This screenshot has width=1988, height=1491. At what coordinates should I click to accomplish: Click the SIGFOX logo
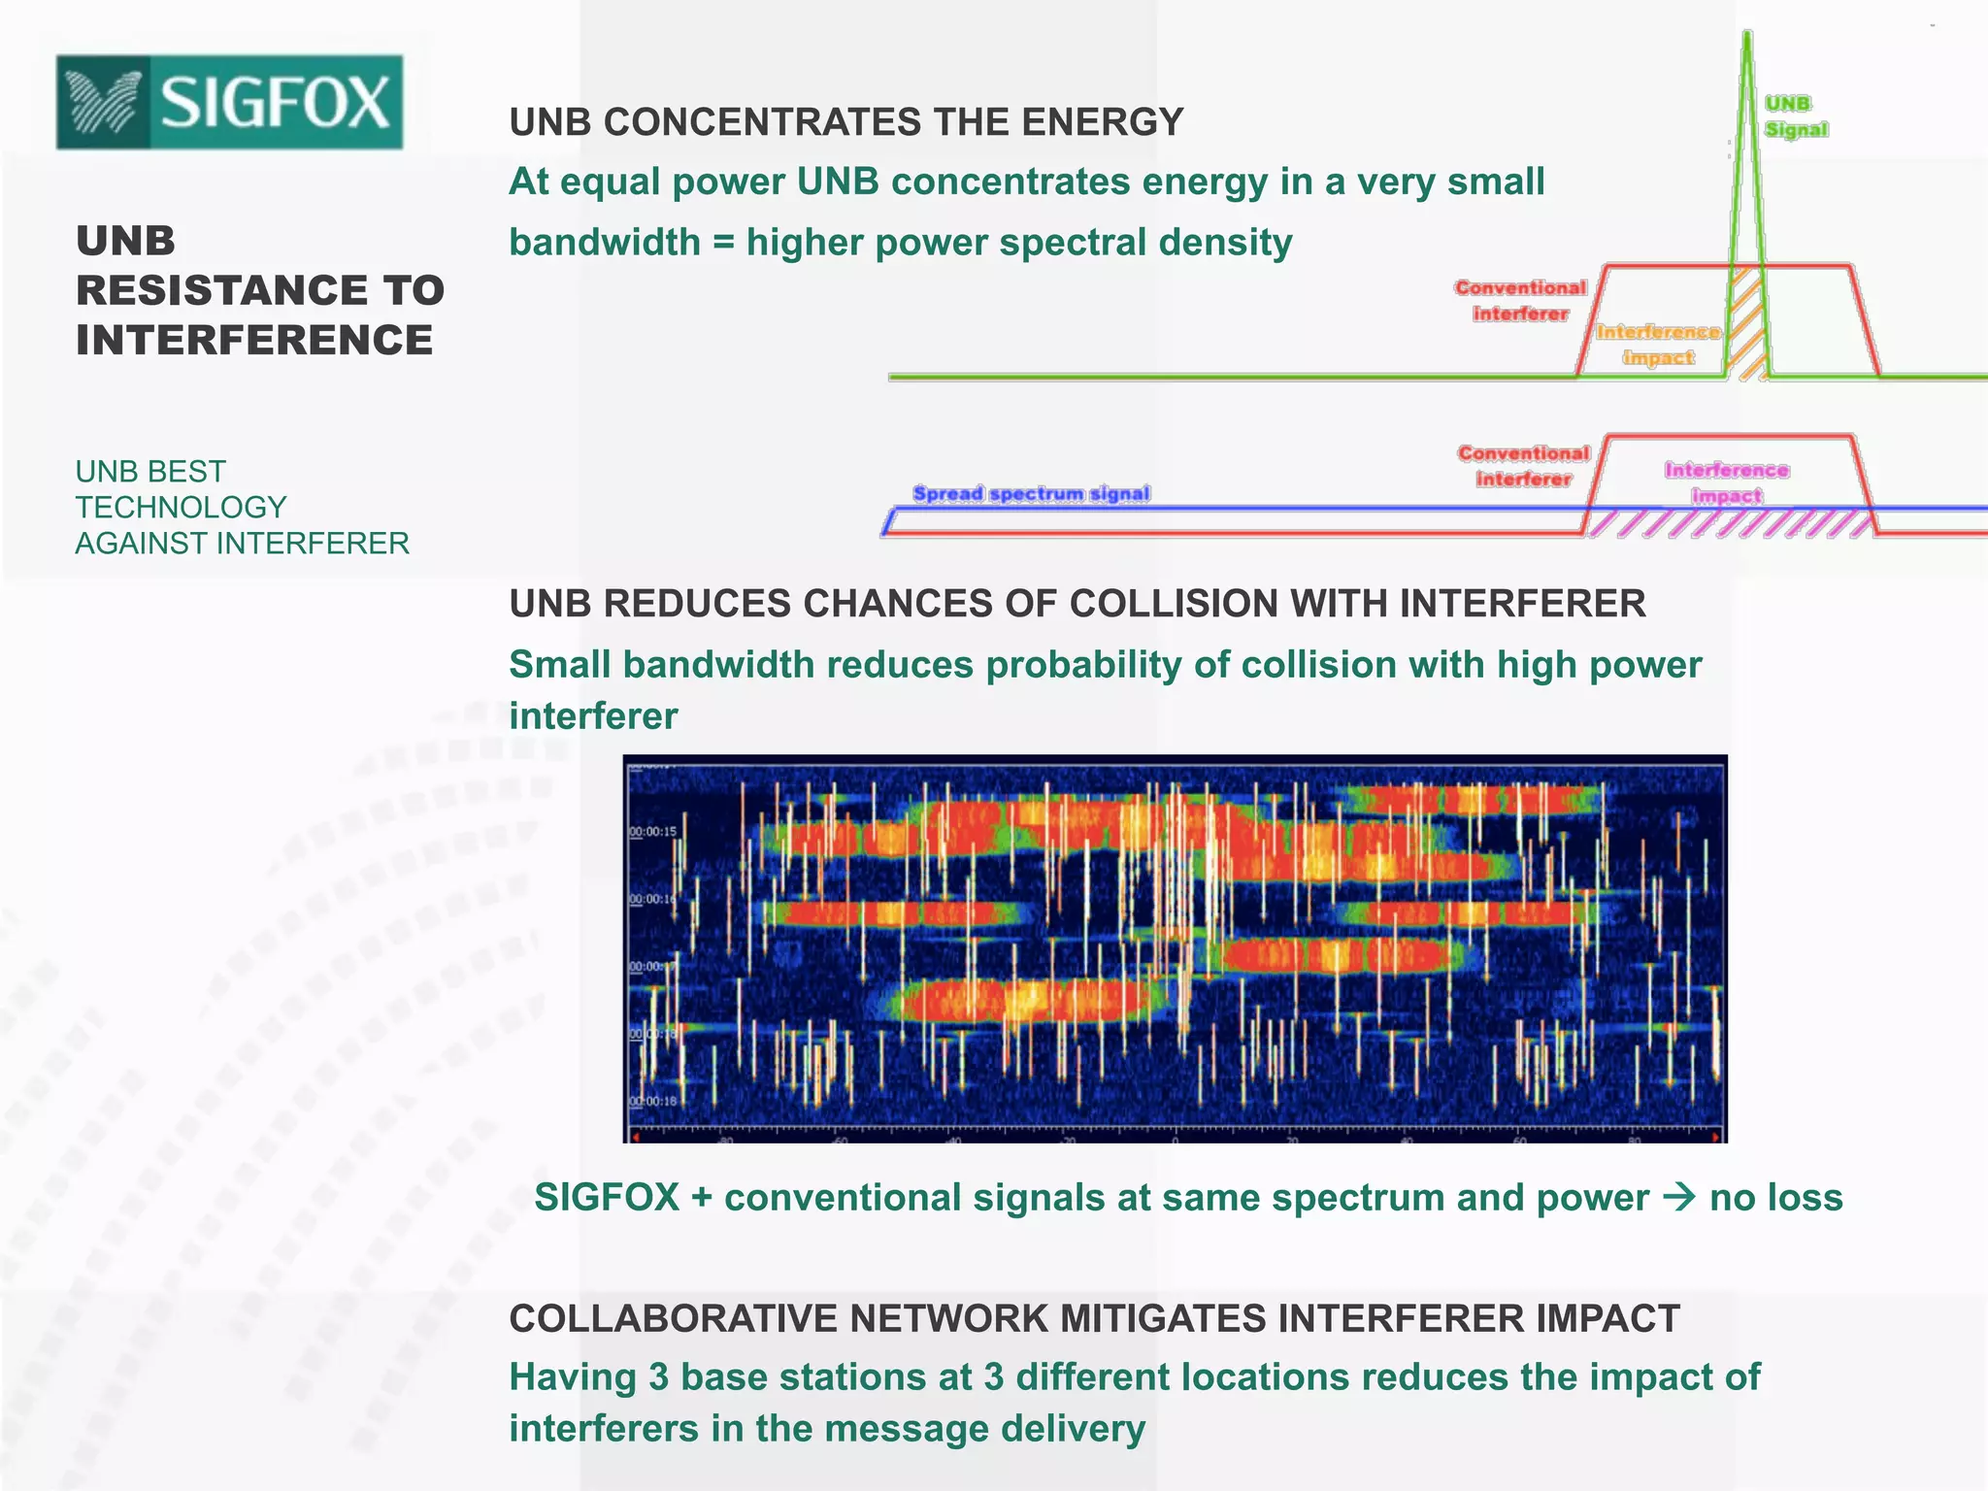click(229, 102)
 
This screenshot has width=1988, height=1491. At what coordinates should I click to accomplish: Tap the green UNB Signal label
click(1795, 116)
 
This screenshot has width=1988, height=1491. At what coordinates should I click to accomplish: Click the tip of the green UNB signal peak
click(1747, 36)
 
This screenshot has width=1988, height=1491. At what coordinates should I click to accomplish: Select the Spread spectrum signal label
click(1031, 493)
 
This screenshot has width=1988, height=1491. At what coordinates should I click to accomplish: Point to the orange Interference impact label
click(1658, 345)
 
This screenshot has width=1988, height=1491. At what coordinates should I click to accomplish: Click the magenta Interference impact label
click(1727, 482)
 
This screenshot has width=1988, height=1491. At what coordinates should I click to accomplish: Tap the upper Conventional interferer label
click(1520, 300)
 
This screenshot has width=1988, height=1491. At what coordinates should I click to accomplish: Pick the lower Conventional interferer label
click(1523, 466)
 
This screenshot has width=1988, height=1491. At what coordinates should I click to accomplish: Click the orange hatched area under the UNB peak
click(1748, 325)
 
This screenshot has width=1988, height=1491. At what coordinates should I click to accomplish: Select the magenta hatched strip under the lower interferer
click(1728, 523)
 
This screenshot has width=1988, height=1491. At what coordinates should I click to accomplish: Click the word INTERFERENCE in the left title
click(254, 340)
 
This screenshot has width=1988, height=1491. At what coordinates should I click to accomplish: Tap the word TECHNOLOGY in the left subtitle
click(181, 507)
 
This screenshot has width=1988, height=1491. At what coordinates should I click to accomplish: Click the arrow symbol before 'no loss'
click(1679, 1197)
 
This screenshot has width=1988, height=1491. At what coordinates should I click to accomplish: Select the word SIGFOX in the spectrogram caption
click(607, 1197)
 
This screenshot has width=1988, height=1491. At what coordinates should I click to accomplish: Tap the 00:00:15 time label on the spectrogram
click(652, 832)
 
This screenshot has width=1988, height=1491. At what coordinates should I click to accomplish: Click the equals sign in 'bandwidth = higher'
click(723, 243)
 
